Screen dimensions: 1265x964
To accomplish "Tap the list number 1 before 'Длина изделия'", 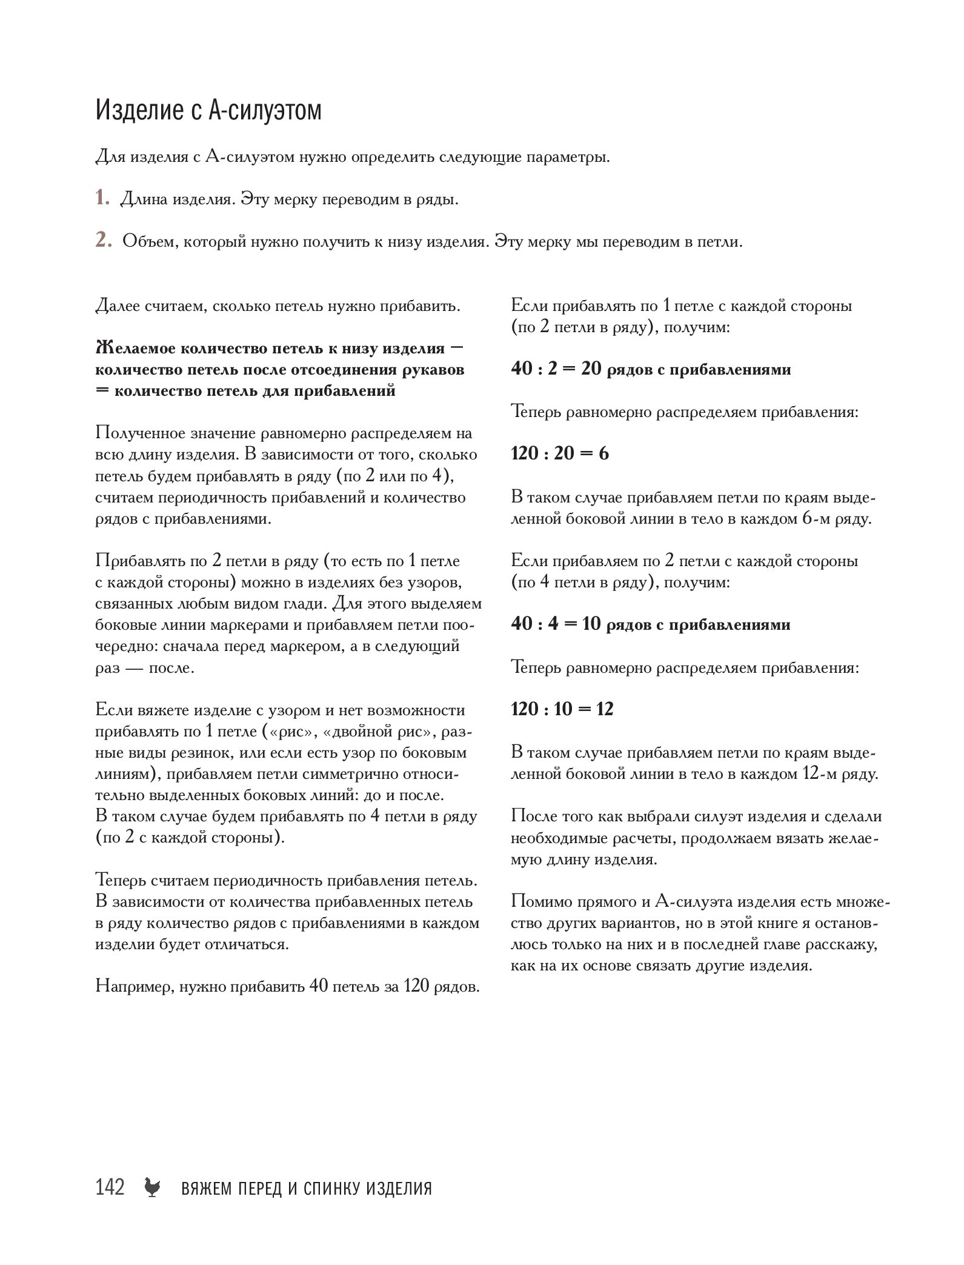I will [x=102, y=199].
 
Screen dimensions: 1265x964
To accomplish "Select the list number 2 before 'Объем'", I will [x=103, y=241].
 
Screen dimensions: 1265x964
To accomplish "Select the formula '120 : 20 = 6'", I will [x=560, y=453].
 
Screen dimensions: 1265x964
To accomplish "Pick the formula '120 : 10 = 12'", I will [x=563, y=709].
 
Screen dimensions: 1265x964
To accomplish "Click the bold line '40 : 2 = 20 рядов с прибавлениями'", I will [x=651, y=369].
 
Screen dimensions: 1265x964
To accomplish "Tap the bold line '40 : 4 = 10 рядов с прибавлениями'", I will [x=651, y=624].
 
